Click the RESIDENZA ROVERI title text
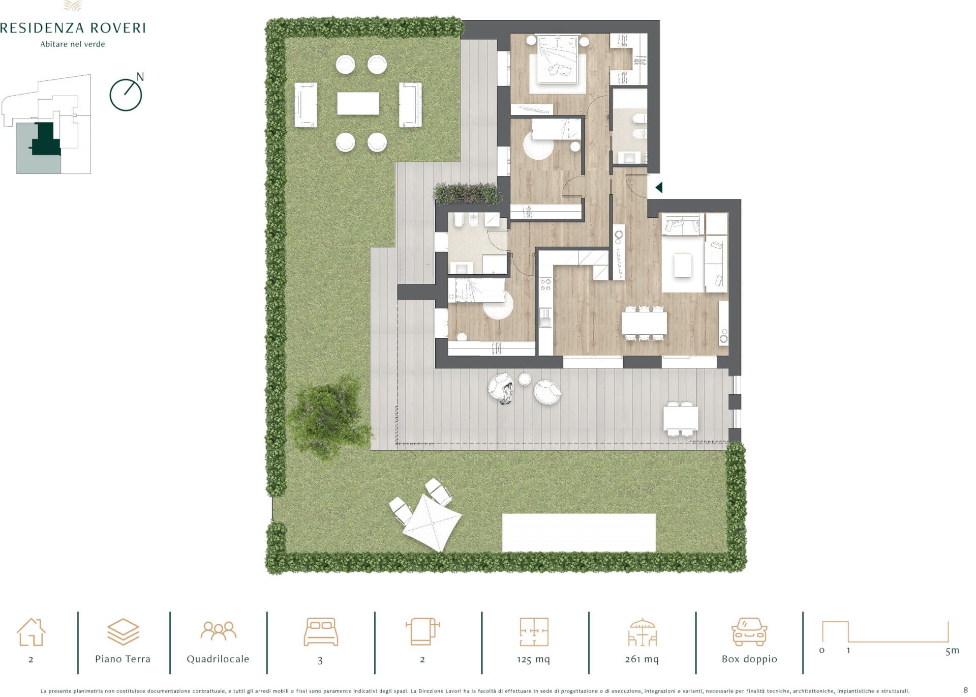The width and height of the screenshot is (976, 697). coord(73,27)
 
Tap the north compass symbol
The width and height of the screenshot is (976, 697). coord(126,94)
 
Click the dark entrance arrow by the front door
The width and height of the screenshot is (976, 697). coord(659,188)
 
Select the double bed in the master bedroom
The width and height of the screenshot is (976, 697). coord(558,59)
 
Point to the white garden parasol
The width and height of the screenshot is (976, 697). coord(432,522)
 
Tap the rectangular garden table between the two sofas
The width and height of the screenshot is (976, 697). coord(358,103)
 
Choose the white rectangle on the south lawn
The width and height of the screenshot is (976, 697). coord(578,533)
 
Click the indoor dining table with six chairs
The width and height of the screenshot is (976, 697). coord(644,323)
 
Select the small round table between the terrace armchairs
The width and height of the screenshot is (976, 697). coord(524,379)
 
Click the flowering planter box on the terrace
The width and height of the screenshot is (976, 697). coord(467,193)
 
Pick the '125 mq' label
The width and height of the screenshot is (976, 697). coord(533,659)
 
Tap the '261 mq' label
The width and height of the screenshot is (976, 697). coord(642,659)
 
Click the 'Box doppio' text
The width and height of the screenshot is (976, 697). coord(749,659)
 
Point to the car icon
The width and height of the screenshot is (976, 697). coord(749,632)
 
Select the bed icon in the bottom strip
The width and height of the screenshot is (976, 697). coord(321,632)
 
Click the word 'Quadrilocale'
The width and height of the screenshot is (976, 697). coord(218,659)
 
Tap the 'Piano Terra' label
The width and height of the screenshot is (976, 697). coord(123,659)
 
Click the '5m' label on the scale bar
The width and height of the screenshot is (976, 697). coord(952,650)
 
